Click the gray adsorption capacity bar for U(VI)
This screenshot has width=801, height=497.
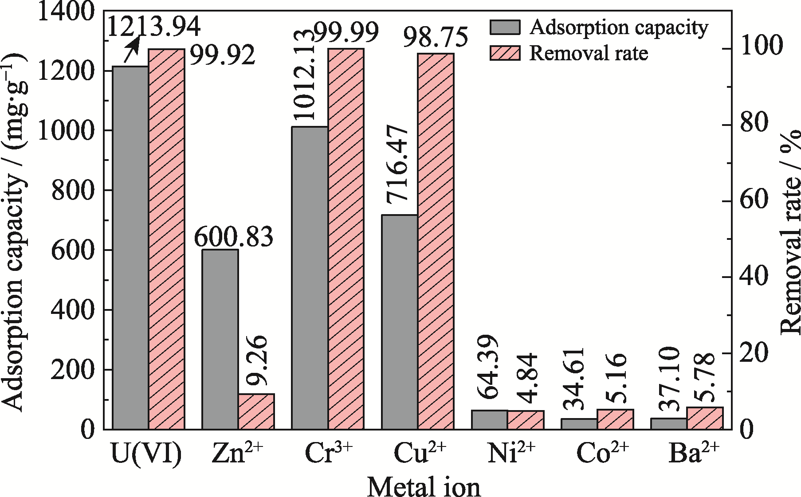tap(131, 248)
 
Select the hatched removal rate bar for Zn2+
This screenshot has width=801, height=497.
tap(256, 411)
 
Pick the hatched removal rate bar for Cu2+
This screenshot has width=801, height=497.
tap(436, 241)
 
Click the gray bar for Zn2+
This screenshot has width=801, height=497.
tap(220, 339)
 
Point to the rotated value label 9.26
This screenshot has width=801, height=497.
tap(256, 360)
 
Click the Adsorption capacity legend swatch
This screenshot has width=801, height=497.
tap(505, 27)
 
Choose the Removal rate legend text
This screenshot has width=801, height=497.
tap(589, 53)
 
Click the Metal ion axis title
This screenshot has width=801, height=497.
tap(424, 486)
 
